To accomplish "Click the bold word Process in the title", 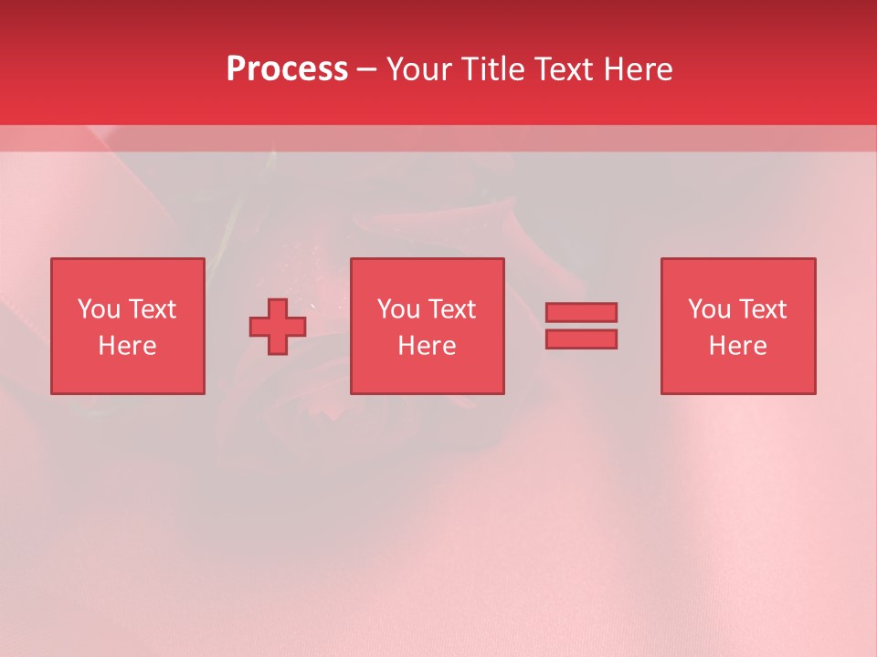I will [287, 68].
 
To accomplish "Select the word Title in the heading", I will [495, 68].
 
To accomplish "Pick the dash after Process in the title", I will [367, 70].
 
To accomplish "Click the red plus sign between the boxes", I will [278, 327].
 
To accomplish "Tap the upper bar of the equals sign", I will [581, 312].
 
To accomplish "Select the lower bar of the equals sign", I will [581, 339].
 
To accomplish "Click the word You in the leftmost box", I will [99, 309].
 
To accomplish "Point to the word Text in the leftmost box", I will [152, 309].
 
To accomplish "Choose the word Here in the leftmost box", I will [127, 346].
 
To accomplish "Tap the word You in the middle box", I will [398, 309].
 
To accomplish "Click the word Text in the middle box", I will [451, 309].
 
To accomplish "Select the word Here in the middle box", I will [427, 346].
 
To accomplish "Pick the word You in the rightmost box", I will [709, 309].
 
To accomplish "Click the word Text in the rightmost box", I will [762, 309].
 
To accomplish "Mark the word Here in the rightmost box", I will [737, 346].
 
